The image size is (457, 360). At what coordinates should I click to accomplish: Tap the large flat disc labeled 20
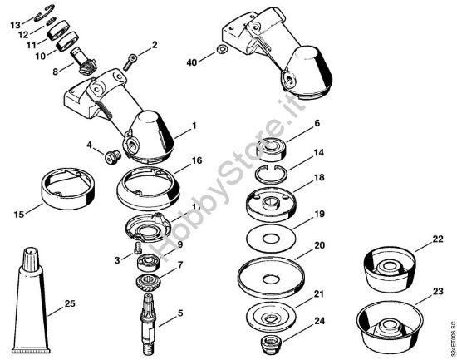(272, 274)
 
